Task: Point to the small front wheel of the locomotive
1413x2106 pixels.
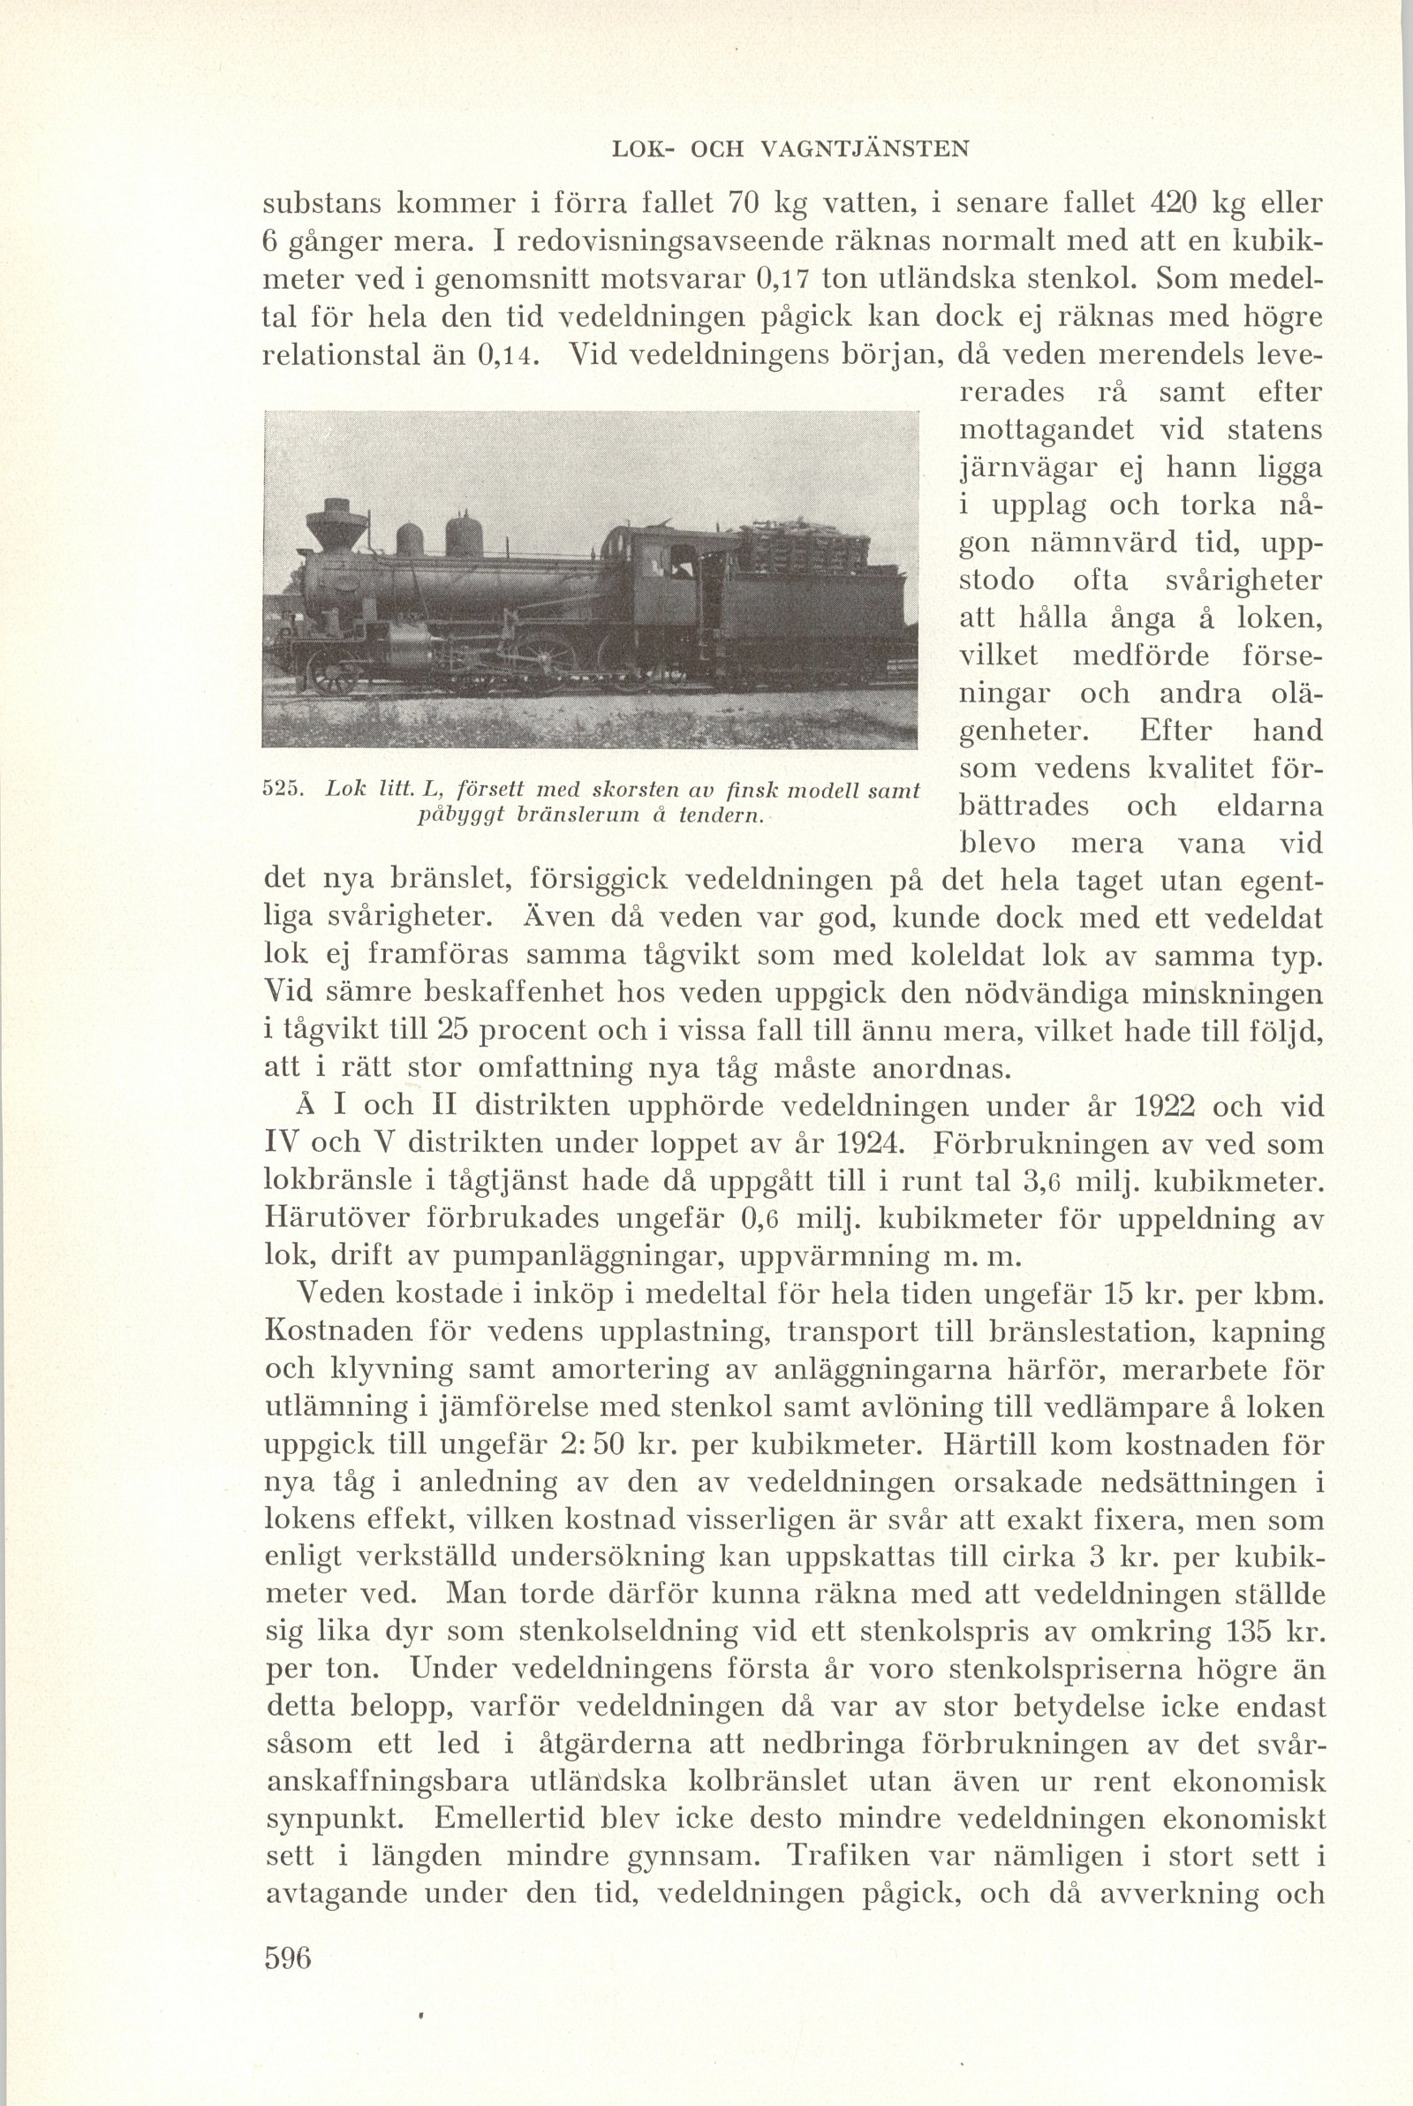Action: click(332, 671)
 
